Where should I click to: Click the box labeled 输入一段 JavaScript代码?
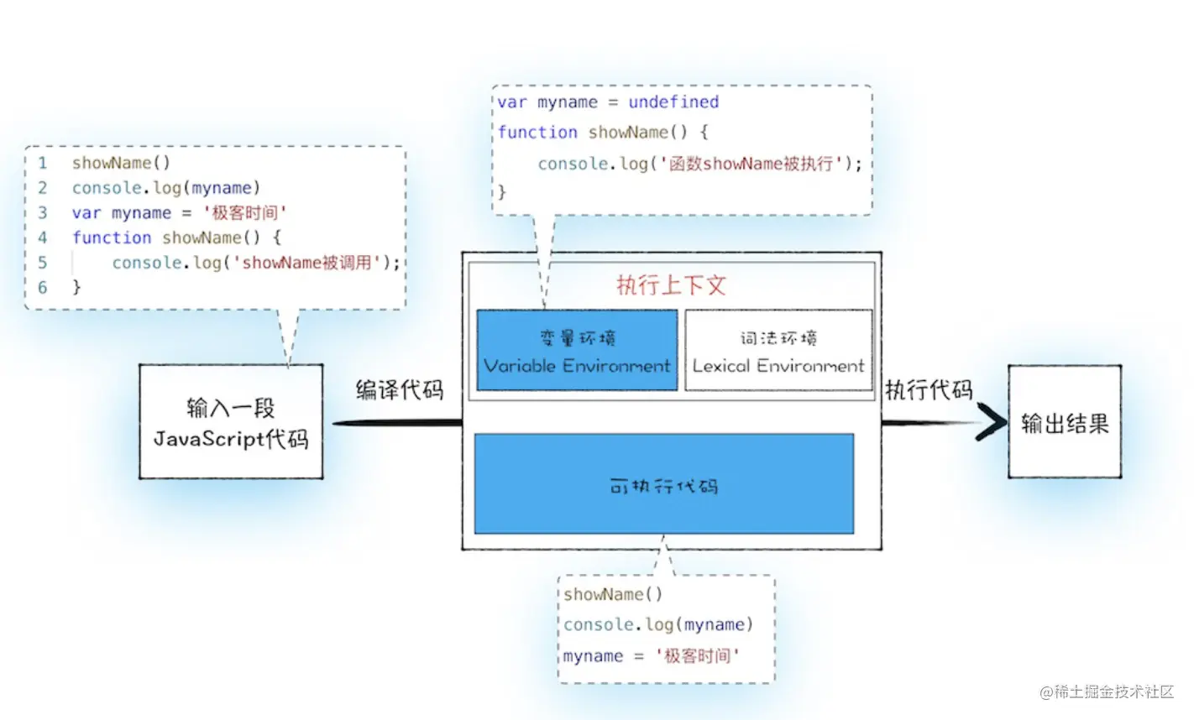pyautogui.click(x=231, y=422)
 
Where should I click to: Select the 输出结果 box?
pyautogui.click(x=1064, y=422)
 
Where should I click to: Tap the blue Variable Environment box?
pyautogui.click(x=577, y=351)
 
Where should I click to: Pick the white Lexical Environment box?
pyautogui.click(x=778, y=351)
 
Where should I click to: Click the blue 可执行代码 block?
pyautogui.click(x=663, y=484)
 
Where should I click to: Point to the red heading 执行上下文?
pyautogui.click(x=671, y=285)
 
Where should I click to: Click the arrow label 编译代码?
pyautogui.click(x=399, y=389)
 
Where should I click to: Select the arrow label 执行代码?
pyautogui.click(x=929, y=389)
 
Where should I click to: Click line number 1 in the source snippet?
pyautogui.click(x=43, y=163)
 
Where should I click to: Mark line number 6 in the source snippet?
pyautogui.click(x=43, y=287)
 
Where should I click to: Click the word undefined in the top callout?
pyautogui.click(x=673, y=102)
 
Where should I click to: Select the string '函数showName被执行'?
pyautogui.click(x=752, y=164)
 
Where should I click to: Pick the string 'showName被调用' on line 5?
pyautogui.click(x=307, y=263)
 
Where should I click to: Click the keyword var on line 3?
pyautogui.click(x=86, y=213)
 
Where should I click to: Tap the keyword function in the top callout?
pyautogui.click(x=537, y=133)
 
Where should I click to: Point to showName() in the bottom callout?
pyautogui.click(x=612, y=594)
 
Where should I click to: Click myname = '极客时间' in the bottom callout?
pyautogui.click(x=651, y=656)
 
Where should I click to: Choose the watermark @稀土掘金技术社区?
pyautogui.click(x=1107, y=691)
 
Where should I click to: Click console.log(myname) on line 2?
pyautogui.click(x=165, y=188)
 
